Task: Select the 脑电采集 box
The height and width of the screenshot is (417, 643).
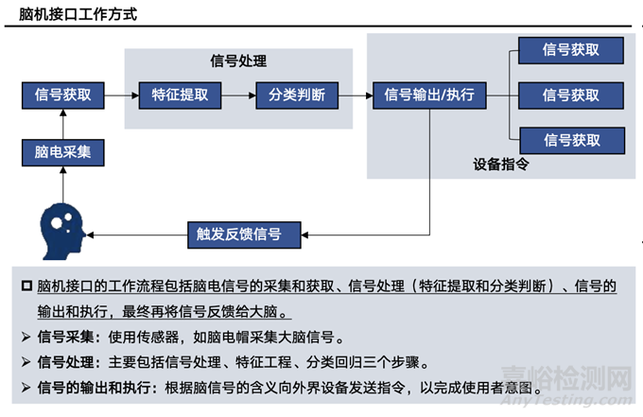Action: click(62, 152)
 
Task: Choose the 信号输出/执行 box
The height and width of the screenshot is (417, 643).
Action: click(429, 96)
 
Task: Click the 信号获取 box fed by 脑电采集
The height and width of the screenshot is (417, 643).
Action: click(62, 96)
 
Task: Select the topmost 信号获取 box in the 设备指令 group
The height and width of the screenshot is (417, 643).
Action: click(571, 50)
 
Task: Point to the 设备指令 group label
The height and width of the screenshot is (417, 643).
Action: click(500, 164)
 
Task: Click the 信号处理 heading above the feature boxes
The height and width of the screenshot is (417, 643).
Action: click(237, 61)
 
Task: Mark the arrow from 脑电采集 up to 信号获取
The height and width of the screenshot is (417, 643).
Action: click(62, 124)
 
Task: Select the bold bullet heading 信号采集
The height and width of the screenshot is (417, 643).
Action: click(64, 337)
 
